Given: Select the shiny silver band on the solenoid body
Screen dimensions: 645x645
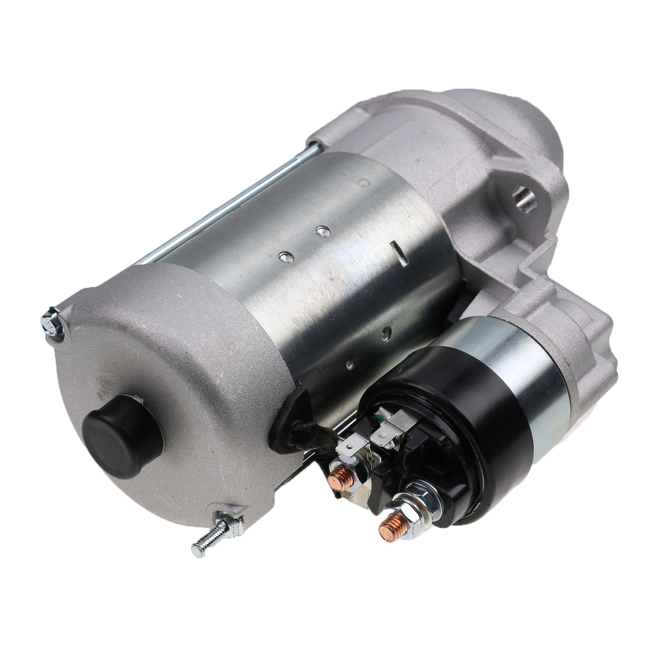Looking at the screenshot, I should coord(528,363).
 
